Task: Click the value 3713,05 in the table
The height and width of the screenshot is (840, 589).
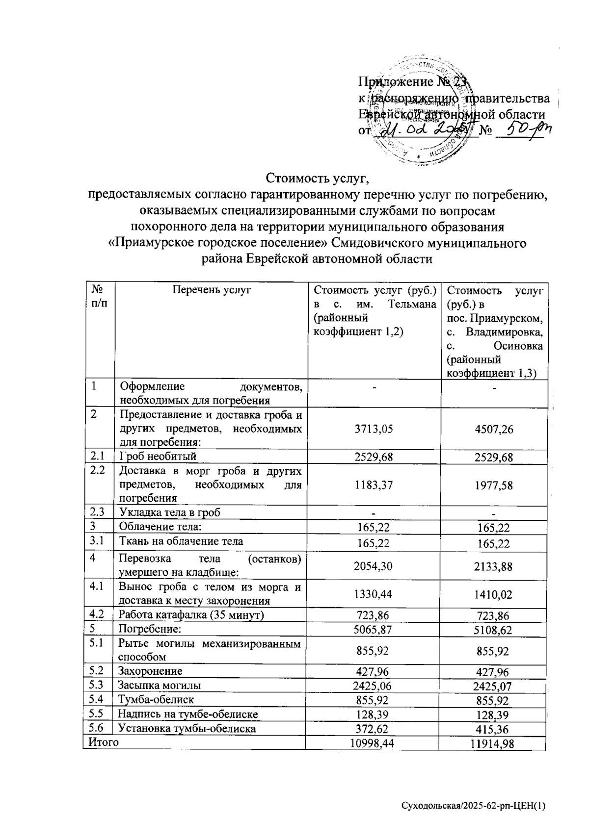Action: coord(374,429)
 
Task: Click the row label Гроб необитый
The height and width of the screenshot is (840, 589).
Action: coord(158,457)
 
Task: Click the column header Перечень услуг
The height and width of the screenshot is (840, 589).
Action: coord(212,290)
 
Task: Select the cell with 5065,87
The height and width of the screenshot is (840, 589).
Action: coord(374,629)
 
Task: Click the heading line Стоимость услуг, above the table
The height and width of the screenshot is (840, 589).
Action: coord(317,177)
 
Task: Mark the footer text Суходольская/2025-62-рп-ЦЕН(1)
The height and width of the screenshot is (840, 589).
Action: coord(473,806)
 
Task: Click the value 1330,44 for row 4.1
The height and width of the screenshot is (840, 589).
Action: coord(374,594)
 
